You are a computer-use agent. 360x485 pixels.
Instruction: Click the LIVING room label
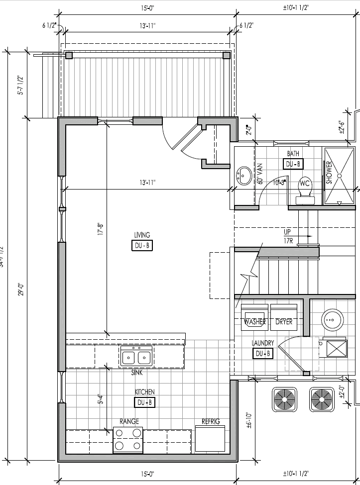pos(142,235)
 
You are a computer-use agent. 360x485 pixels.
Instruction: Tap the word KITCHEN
pos(144,392)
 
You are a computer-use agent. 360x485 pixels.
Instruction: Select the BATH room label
pos(293,154)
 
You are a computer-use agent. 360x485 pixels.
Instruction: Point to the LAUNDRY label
pos(262,343)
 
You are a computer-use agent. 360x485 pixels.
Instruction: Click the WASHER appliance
pos(254,318)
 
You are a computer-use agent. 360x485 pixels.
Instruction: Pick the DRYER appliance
pos(284,318)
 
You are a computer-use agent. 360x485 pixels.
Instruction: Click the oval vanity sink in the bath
pos(244,176)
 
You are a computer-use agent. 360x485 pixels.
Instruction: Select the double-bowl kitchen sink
pos(136,357)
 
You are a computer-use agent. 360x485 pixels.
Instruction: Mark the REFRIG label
pos(210,422)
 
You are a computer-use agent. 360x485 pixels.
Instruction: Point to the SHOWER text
pos(329,173)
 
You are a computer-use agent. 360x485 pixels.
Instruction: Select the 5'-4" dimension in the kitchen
pos(100,399)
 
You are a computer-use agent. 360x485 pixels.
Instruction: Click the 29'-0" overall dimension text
pos(21,290)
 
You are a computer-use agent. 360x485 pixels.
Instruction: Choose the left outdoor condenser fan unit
pos(285,399)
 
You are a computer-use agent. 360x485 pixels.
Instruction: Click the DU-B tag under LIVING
pos(142,245)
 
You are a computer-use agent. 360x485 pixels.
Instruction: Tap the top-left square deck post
pos(69,55)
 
